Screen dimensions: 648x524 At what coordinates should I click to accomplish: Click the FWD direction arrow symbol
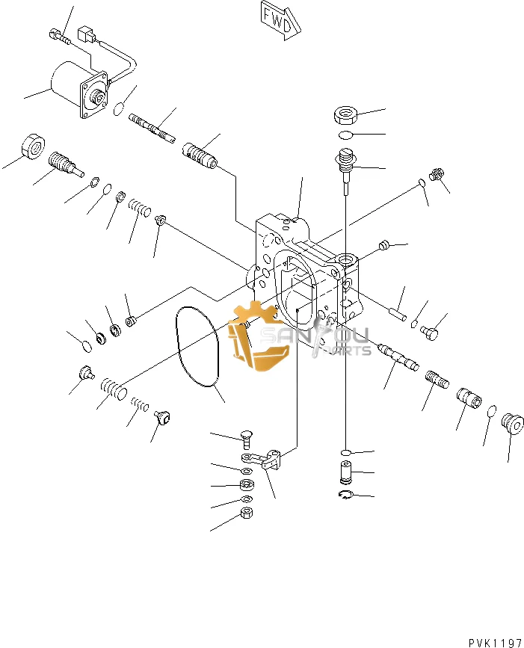coord(281,18)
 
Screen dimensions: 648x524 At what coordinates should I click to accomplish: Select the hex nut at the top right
coord(345,115)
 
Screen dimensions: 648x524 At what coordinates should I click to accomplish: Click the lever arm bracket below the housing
coord(262,460)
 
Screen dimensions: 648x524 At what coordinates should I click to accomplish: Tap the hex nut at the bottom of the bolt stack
coord(246,513)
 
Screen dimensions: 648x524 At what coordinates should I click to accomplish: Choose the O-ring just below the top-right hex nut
coord(345,135)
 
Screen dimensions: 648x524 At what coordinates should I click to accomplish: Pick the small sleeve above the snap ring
coord(345,472)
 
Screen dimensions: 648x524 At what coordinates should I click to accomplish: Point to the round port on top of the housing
coord(346,259)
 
